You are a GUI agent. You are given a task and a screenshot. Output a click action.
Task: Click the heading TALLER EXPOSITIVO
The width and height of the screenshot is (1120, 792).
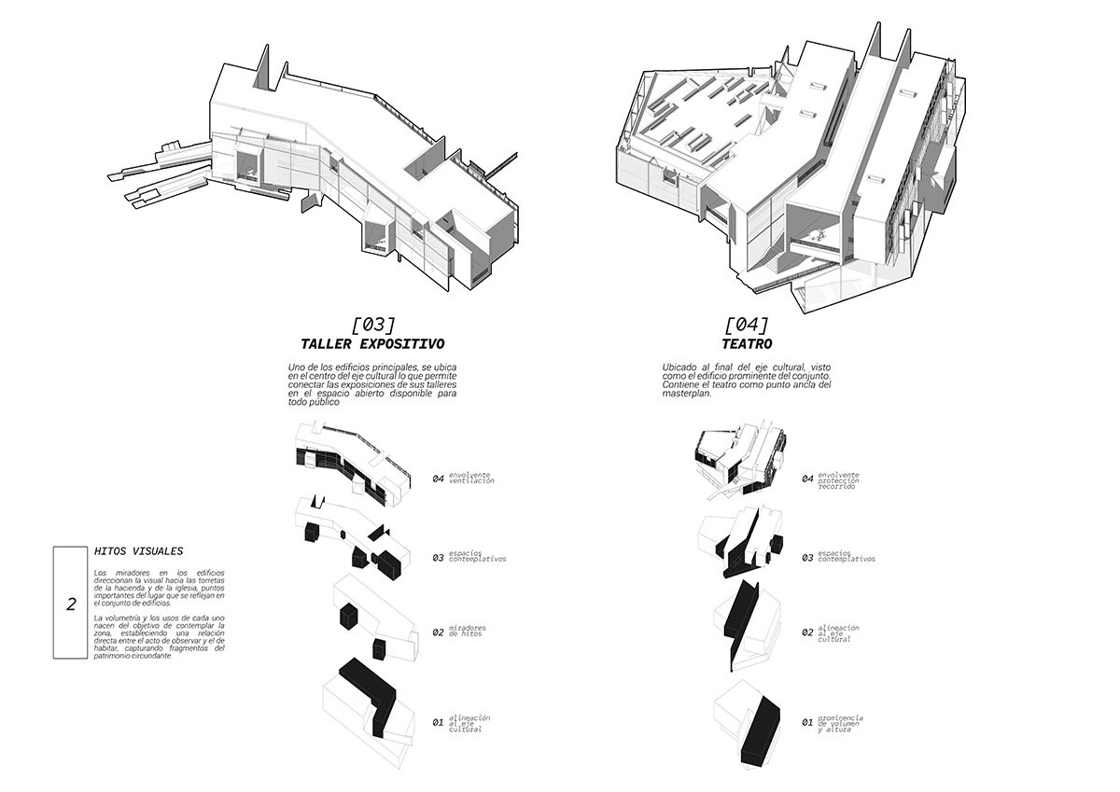371,344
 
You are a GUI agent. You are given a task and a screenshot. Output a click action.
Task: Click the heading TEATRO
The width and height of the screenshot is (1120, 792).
746,344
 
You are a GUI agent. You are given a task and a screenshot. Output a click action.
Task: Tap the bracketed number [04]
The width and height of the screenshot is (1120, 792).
746,325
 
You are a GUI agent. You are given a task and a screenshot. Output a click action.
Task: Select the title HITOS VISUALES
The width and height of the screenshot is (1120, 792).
139,550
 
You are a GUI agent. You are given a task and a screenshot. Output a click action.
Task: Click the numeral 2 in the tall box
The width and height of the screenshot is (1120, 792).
71,604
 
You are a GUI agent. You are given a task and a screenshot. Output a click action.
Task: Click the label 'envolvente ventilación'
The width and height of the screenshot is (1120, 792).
471,479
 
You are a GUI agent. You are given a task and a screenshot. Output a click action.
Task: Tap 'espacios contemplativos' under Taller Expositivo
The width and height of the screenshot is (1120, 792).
477,557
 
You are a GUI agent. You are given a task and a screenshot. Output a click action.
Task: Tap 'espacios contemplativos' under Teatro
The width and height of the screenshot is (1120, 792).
847,557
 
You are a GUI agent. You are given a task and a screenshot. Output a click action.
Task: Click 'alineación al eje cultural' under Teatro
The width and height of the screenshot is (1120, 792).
836,633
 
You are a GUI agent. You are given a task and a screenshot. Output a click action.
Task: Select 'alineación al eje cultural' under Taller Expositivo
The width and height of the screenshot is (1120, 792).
469,723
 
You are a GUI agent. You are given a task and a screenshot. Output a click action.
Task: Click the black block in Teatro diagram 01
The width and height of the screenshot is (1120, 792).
763,732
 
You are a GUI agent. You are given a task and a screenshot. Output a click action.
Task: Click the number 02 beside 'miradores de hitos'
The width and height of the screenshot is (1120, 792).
438,632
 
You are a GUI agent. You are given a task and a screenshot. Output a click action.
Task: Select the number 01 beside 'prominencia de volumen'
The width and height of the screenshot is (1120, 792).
807,722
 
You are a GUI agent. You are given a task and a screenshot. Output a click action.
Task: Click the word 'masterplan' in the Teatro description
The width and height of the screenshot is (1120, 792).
688,394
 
